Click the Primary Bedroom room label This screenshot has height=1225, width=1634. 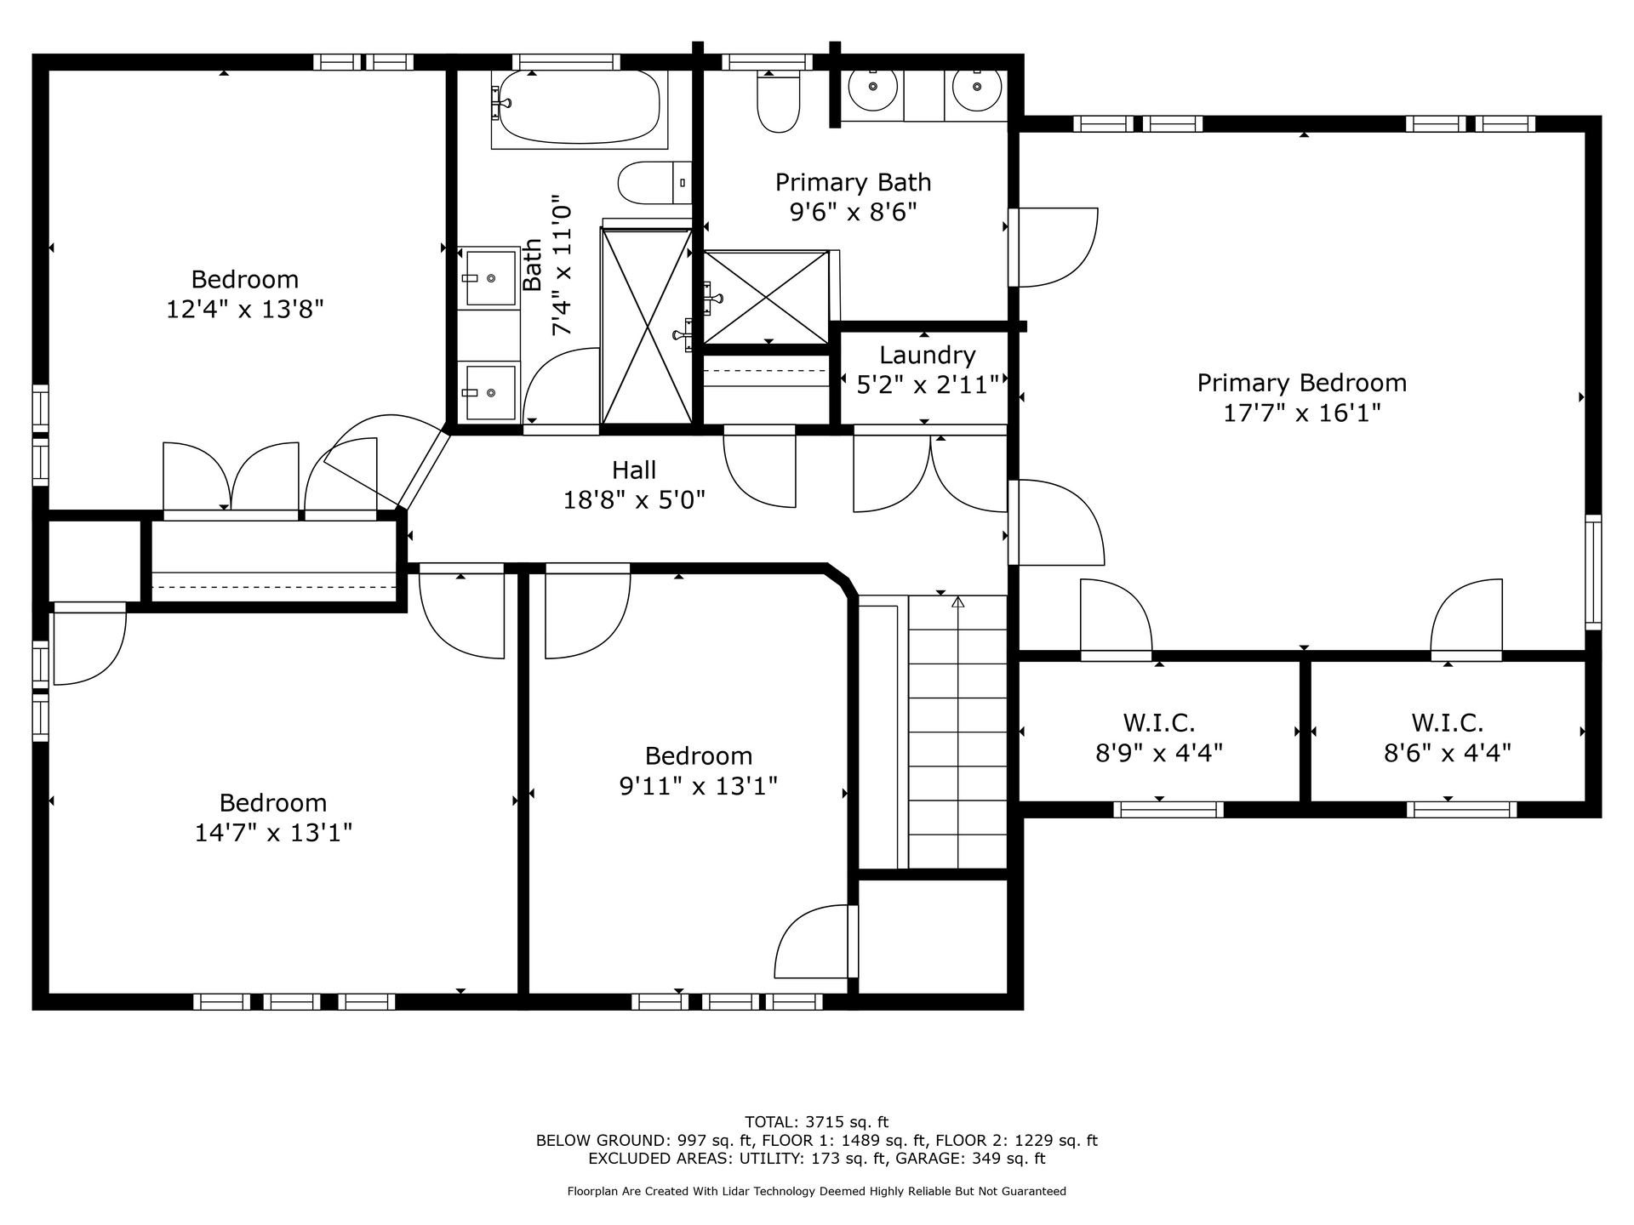click(1301, 383)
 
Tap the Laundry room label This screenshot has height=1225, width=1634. click(927, 356)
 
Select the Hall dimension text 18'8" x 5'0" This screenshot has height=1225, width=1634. click(634, 500)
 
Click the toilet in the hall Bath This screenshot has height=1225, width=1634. click(654, 182)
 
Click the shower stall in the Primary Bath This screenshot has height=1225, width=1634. click(766, 297)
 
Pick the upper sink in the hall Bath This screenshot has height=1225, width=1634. click(489, 277)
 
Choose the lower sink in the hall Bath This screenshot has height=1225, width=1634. click(489, 392)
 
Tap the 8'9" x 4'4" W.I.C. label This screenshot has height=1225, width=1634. click(1159, 753)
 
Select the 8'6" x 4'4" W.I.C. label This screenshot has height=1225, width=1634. click(1448, 753)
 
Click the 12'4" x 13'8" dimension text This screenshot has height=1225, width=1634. click(245, 309)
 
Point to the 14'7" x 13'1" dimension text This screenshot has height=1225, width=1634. click(273, 832)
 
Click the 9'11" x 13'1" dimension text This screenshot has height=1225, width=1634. click(699, 785)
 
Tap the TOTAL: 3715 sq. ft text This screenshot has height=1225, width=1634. click(817, 1122)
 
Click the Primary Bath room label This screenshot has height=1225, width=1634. click(853, 182)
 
